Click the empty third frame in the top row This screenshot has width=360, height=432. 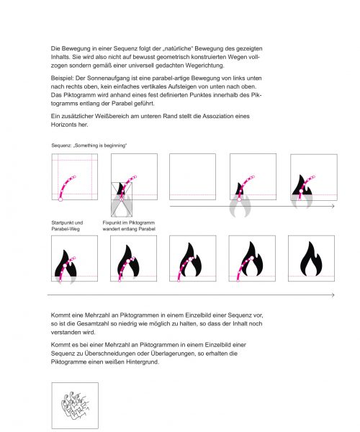192,176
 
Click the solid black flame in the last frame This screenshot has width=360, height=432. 311,258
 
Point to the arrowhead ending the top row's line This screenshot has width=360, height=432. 333,207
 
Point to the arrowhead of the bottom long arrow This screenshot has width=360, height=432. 333,295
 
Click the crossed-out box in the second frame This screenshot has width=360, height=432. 122,199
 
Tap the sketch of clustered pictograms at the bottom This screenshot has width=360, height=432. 74,404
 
